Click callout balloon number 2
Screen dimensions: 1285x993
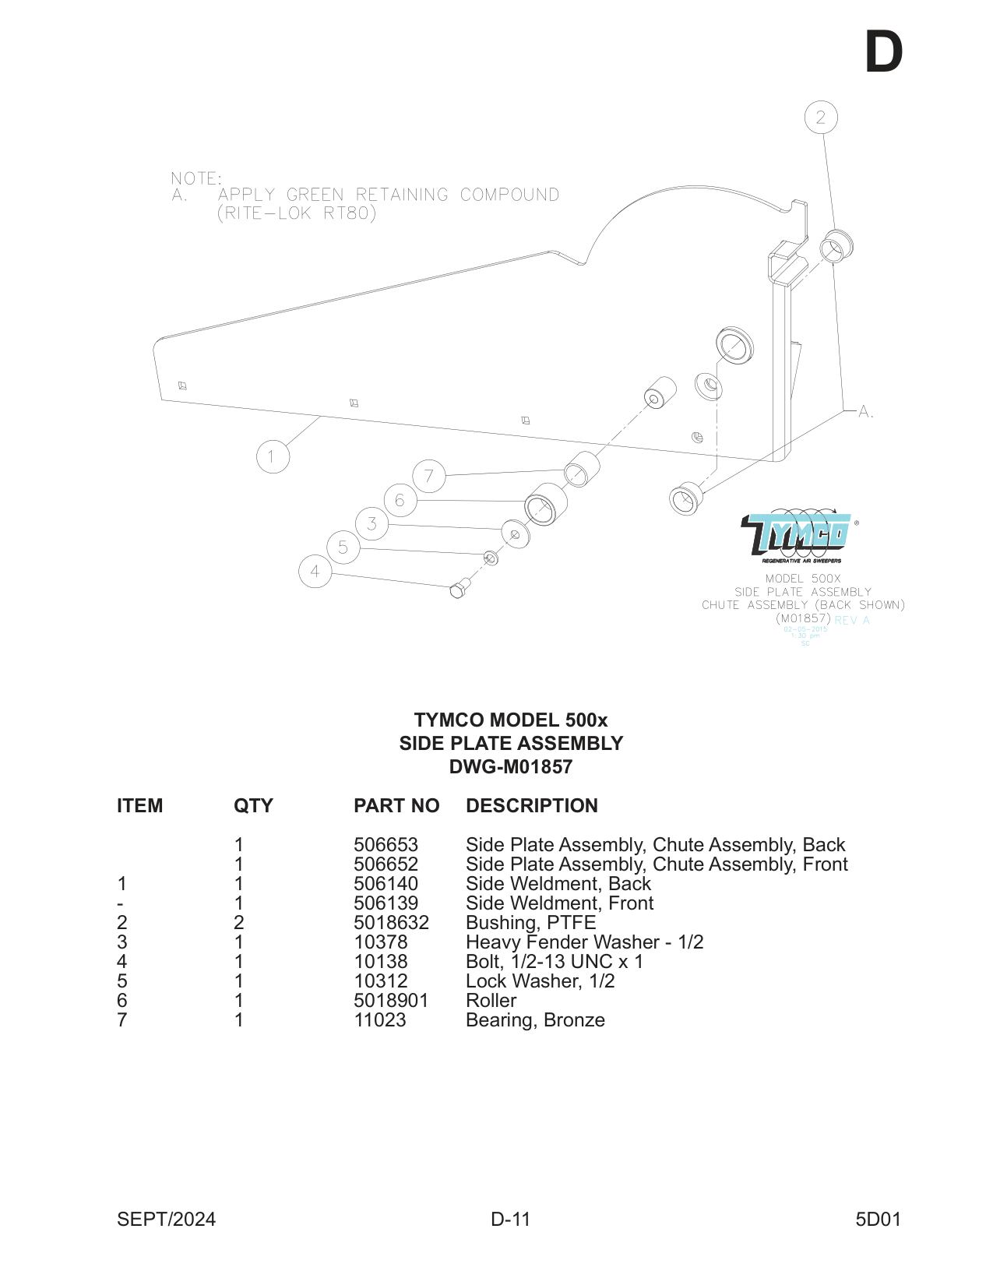pos(820,118)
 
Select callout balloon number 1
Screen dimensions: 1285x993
pos(273,456)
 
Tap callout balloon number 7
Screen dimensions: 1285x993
pos(428,476)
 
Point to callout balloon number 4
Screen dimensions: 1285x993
pos(315,572)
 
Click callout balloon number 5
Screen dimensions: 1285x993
pos(343,547)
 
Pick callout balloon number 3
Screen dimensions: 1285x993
pos(371,523)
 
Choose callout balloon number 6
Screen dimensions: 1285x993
pos(400,500)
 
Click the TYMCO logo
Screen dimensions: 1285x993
pos(796,536)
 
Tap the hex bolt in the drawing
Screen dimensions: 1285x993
pos(460,589)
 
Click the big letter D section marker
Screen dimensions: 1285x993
pos(883,53)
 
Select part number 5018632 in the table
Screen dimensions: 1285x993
pos(391,923)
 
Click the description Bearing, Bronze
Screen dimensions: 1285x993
pos(535,1020)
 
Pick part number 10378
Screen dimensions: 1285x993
pos(380,942)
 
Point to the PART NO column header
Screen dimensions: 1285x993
pos(396,806)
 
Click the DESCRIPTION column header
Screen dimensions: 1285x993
pos(531,806)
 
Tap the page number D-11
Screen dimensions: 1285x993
pos(510,1220)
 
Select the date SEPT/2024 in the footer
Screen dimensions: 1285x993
pos(166,1220)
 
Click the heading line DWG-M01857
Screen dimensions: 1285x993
pos(510,767)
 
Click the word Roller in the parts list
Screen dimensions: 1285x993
pos(491,1001)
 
